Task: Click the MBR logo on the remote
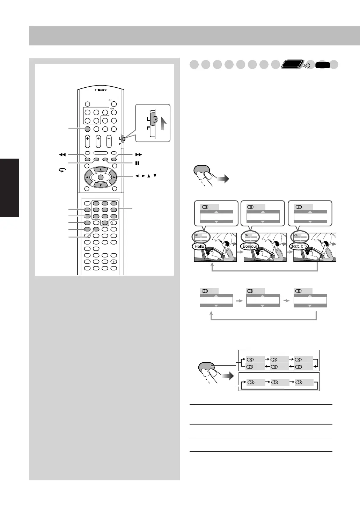(x=101, y=90)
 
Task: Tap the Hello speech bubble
(x=199, y=246)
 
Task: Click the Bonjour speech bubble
(x=250, y=246)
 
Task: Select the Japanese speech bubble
(x=299, y=246)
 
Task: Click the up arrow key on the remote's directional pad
(x=101, y=169)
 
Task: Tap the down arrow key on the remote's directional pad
(x=101, y=185)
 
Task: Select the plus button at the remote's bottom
(x=114, y=262)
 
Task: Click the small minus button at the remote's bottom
(x=105, y=262)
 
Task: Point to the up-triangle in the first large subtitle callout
(x=216, y=212)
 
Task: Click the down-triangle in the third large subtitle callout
(x=310, y=222)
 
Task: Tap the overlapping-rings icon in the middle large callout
(x=250, y=207)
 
